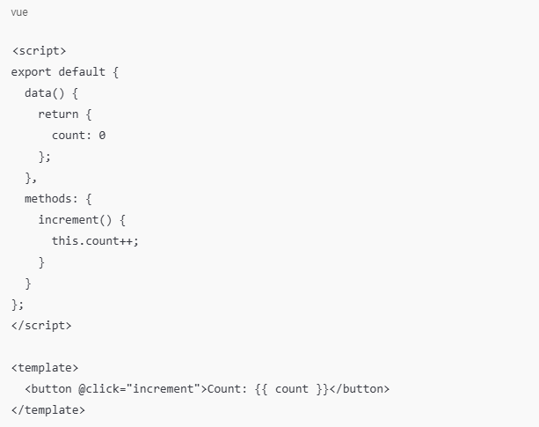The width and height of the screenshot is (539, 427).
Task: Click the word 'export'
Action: tap(32, 71)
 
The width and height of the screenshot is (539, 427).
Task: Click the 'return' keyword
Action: tap(59, 114)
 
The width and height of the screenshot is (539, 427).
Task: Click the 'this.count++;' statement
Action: tap(96, 240)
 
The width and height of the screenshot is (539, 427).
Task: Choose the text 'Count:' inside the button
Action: tap(225, 388)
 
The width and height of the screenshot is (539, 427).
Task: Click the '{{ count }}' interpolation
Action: tap(289, 388)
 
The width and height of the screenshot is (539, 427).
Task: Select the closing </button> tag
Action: tap(358, 388)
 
